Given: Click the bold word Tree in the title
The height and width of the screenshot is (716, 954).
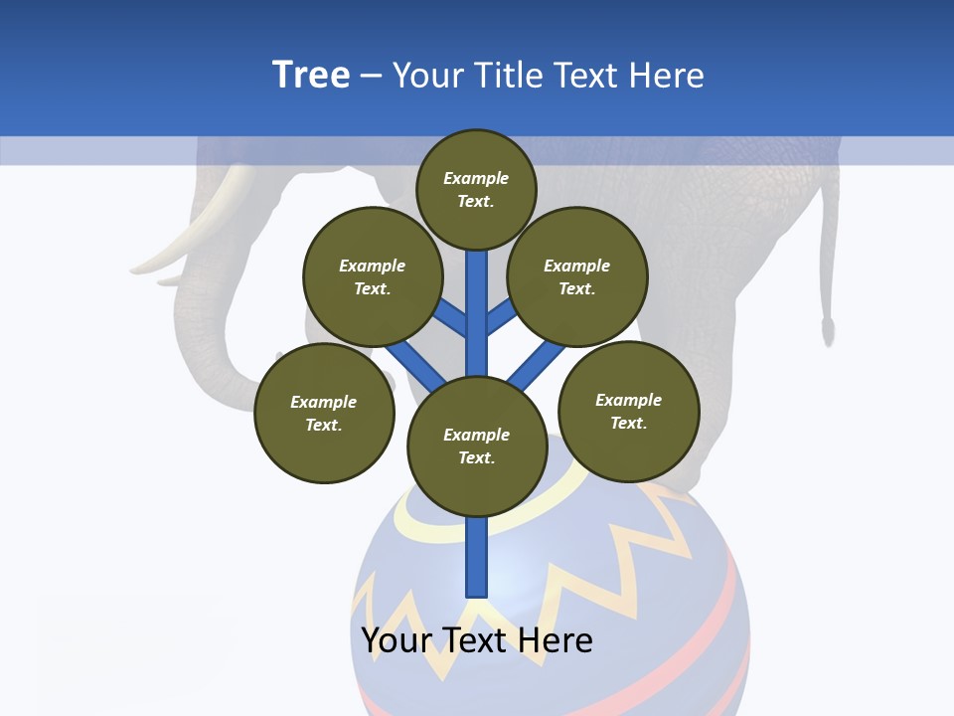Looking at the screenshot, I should pos(311,76).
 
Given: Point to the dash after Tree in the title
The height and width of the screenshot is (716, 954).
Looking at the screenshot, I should pos(370,77).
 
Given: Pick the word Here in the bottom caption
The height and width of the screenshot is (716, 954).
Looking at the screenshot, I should pos(554,639).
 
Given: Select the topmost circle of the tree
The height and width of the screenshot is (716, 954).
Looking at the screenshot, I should pos(476,189).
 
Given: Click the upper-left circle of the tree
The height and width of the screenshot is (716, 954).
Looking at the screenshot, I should pos(373,276).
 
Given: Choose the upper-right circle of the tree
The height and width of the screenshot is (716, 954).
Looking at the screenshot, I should pos(577,276).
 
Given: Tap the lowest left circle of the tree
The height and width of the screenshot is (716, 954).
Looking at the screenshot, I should pos(324,413).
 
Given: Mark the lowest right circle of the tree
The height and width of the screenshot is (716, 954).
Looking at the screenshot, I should pos(628,411).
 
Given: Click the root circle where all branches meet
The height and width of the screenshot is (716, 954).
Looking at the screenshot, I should pos(477,446).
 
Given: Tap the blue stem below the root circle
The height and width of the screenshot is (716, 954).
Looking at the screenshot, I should pos(477,557).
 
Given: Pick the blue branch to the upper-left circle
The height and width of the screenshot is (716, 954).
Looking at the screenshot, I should pos(451,318).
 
